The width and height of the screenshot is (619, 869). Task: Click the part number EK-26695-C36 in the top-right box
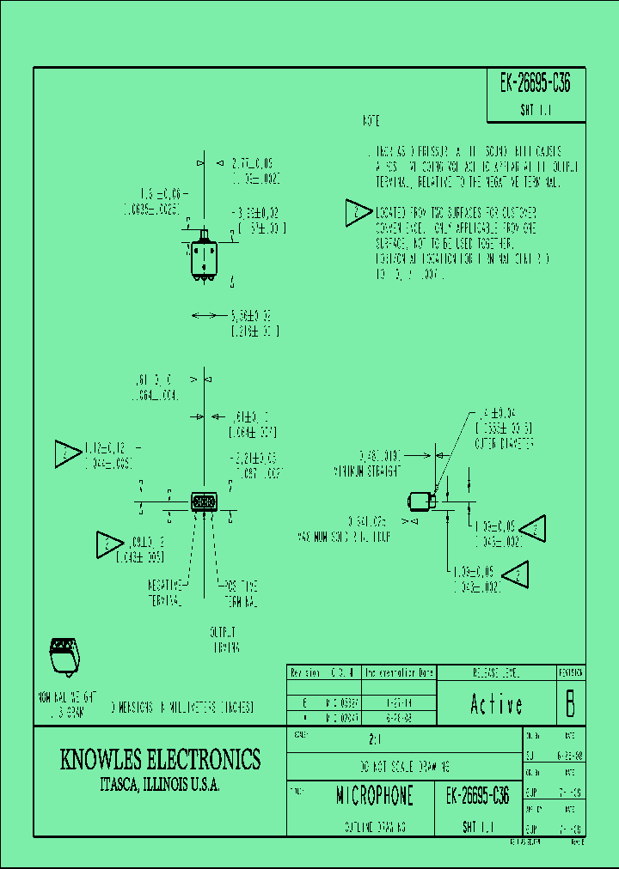(535, 84)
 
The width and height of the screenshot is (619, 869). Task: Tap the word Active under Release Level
(496, 705)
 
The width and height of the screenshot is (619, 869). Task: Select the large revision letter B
(568, 704)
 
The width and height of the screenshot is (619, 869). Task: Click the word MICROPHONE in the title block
(375, 796)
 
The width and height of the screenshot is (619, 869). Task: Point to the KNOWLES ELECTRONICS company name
(160, 759)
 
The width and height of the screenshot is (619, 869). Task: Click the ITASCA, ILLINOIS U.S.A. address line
(160, 786)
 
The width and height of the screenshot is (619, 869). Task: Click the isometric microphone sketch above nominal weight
(64, 654)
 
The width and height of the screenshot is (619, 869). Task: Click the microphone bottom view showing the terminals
(204, 501)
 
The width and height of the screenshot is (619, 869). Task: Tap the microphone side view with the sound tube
(420, 500)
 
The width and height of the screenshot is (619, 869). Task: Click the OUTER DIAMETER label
(506, 444)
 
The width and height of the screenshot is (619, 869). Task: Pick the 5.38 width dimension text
(255, 316)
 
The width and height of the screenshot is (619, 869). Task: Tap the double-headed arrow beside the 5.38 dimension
(204, 316)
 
